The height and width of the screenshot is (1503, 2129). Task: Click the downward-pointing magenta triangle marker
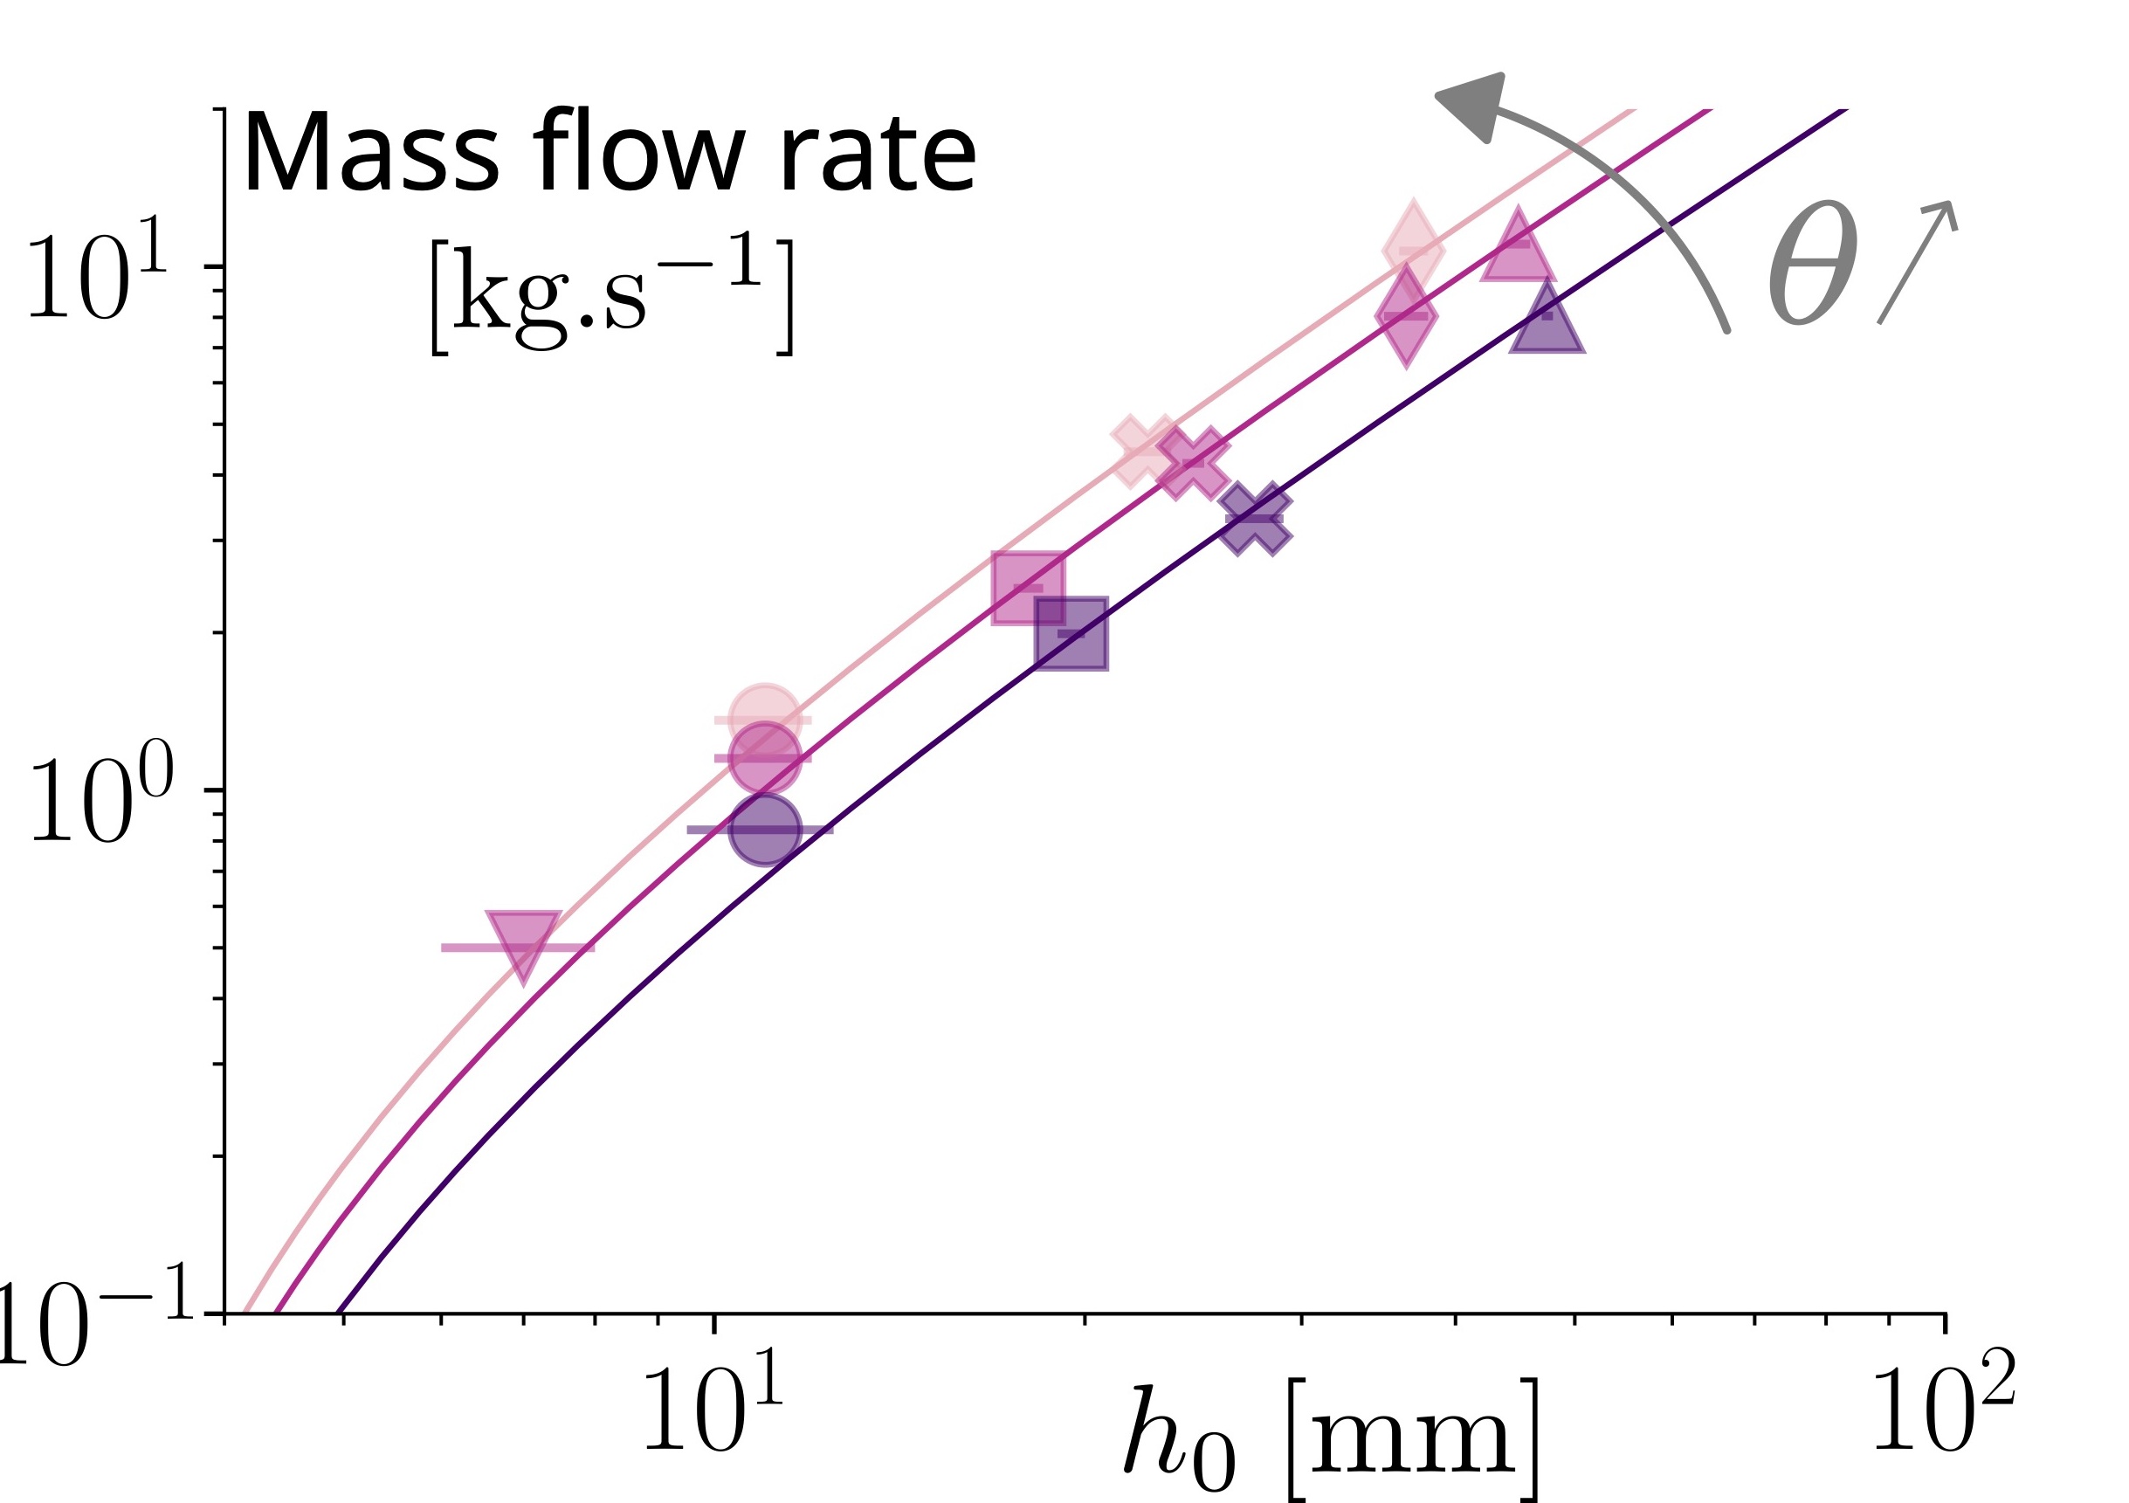pyautogui.click(x=524, y=942)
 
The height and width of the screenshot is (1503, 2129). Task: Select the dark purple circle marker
pyautogui.click(x=764, y=829)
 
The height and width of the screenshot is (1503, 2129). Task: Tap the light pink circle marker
pyautogui.click(x=764, y=717)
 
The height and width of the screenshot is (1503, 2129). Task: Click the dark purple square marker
pyautogui.click(x=1071, y=633)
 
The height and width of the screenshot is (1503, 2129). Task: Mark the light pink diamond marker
pyautogui.click(x=1413, y=250)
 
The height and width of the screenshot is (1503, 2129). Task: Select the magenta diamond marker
pyautogui.click(x=1406, y=316)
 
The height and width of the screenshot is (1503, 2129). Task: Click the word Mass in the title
pyautogui.click(x=372, y=152)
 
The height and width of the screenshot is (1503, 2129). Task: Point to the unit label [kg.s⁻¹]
pyautogui.click(x=611, y=296)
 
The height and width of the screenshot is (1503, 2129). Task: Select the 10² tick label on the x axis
pyautogui.click(x=1944, y=1400)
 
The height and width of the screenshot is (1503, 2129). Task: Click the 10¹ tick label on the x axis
pyautogui.click(x=712, y=1400)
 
